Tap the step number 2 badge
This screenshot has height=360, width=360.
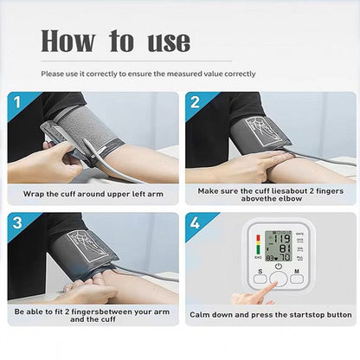194,102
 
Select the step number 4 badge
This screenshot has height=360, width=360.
194,222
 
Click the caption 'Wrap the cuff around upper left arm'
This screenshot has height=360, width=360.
93,193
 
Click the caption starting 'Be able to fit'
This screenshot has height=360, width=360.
93,314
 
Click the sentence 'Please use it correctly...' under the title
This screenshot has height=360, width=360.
148,74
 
